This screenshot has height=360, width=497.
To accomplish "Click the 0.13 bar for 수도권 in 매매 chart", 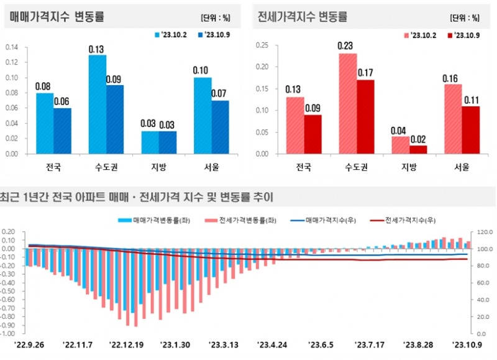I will pos(97,104).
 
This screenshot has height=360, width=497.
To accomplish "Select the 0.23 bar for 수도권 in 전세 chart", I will pos(347,104).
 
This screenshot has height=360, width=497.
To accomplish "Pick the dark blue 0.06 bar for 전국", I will pos(62,131).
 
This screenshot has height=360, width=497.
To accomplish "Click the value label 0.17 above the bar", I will pos(365,73).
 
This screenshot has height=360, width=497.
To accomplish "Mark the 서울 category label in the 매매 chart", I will pos(211,167).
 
